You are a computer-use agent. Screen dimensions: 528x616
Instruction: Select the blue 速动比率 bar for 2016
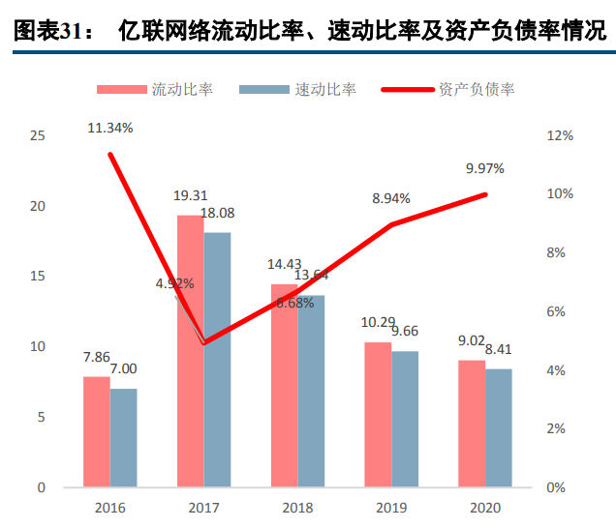coord(123,438)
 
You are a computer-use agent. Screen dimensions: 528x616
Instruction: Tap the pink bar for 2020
coord(472,424)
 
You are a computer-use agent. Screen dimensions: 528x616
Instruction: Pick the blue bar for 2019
coord(405,419)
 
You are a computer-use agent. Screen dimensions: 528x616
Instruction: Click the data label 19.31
coord(190,196)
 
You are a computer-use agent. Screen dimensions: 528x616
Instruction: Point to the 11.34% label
coord(109,127)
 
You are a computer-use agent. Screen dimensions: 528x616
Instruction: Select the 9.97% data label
coord(484,168)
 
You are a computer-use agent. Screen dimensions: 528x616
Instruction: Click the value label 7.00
coord(123,368)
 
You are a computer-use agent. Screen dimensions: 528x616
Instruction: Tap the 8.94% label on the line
coord(391,198)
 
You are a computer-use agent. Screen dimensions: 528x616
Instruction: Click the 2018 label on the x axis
coord(297,508)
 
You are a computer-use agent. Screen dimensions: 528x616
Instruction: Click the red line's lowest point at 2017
coord(203,342)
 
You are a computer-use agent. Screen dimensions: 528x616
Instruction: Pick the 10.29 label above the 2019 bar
coord(378,322)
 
